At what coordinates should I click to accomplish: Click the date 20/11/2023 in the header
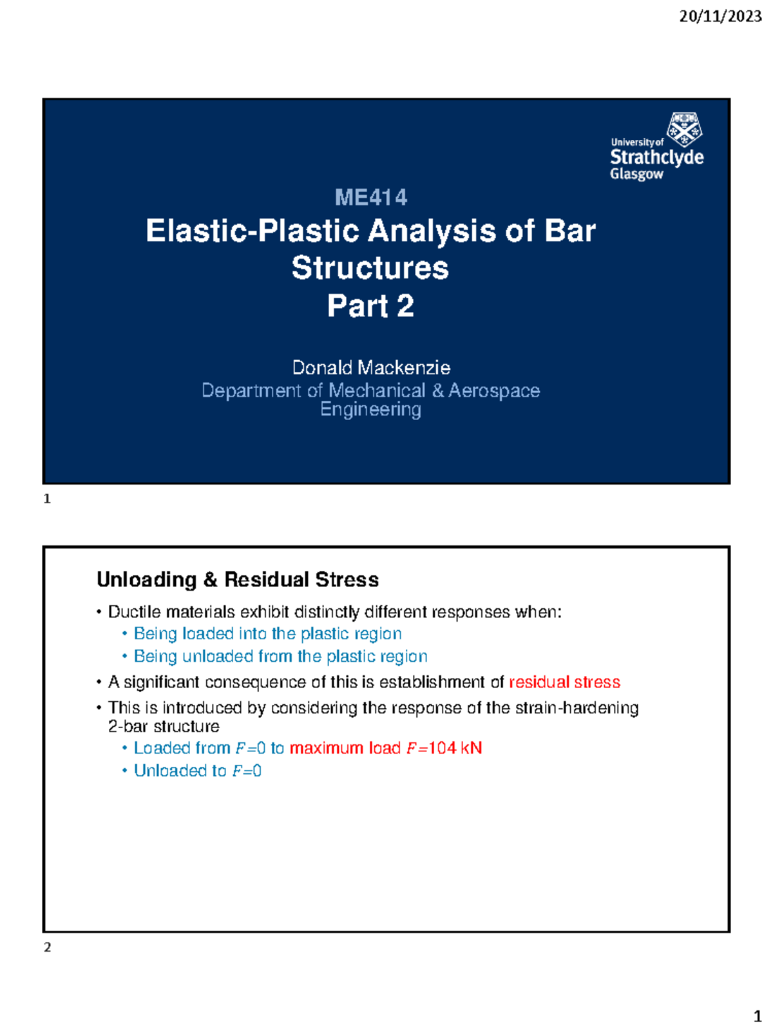click(720, 17)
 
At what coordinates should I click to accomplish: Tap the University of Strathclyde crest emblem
click(684, 130)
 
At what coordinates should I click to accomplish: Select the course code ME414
click(370, 197)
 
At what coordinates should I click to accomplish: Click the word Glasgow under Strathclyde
click(636, 174)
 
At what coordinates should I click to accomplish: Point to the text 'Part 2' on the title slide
click(370, 306)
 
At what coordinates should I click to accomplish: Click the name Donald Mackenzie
click(371, 368)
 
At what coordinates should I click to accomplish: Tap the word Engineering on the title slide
click(370, 410)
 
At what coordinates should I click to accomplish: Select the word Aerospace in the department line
click(493, 390)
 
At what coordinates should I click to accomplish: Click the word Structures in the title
click(370, 268)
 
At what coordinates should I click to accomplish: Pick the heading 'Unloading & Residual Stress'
click(238, 579)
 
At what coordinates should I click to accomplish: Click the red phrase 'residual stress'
click(564, 682)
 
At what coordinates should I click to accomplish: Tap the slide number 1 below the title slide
click(47, 499)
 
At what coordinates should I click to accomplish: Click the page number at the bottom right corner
click(758, 1016)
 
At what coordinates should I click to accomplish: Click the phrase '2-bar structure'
click(164, 727)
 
